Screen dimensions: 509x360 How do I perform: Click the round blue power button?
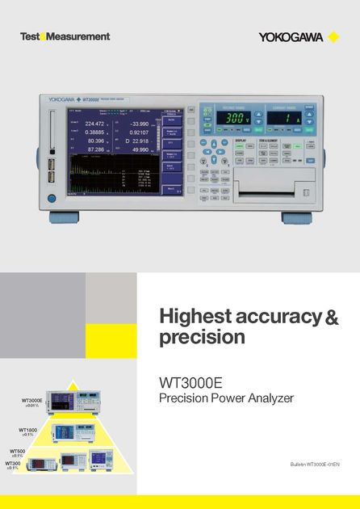[x=52, y=198]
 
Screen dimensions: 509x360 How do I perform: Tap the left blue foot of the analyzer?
[x=64, y=217]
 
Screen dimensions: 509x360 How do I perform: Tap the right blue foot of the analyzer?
[x=295, y=217]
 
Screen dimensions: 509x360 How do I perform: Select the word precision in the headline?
[x=202, y=337]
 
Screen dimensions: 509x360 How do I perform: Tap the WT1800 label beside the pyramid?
[x=29, y=430]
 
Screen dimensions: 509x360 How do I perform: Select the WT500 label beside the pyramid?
[x=18, y=451]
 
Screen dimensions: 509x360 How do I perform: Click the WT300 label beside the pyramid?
[x=14, y=463]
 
